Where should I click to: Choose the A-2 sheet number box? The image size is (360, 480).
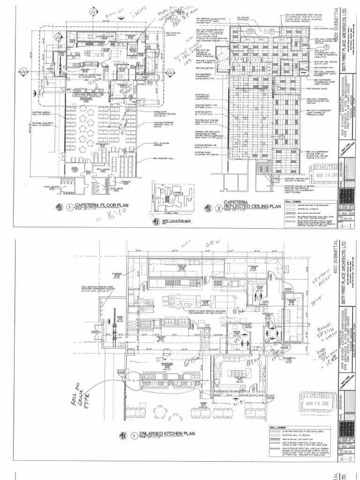coord(346,460)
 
